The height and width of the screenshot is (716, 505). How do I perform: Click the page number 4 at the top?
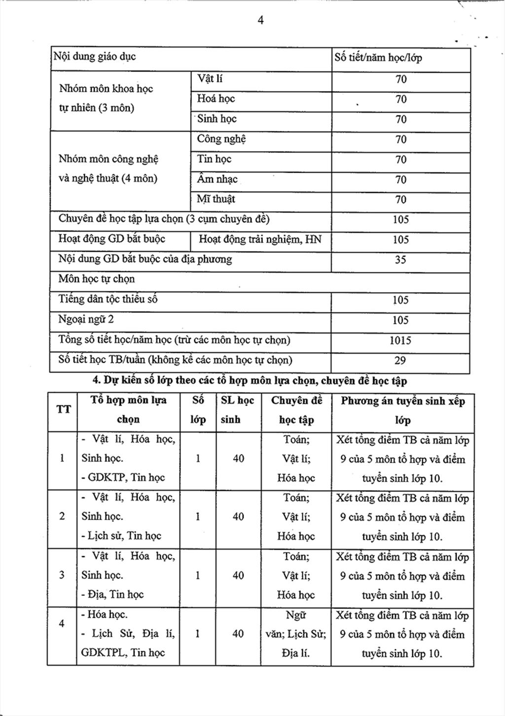pos(260,20)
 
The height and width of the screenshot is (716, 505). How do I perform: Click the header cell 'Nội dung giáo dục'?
pos(94,56)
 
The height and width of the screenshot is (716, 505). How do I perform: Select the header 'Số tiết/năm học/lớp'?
pos(378,57)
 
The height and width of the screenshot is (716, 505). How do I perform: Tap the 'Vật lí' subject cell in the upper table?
pos(210,79)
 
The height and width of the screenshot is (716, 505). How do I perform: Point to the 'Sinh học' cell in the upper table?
pos(217,119)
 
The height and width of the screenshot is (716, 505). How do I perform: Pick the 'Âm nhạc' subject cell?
pos(217,179)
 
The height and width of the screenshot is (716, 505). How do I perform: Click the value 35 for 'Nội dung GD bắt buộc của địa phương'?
pos(400,260)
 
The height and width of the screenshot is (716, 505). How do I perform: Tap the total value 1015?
pos(400,340)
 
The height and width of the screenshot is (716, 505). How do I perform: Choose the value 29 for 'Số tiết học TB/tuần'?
pos(400,361)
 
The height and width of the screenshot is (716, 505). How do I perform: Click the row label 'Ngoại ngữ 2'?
pos(86,320)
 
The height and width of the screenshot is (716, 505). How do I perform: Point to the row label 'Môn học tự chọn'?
pos(97,279)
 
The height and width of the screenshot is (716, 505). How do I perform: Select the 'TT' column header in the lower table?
pos(63,410)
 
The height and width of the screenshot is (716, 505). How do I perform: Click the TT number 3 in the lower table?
pos(62,575)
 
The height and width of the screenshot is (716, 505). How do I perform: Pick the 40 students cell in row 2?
pos(238,517)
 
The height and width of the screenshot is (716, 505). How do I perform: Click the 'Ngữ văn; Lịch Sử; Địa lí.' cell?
pos(296,634)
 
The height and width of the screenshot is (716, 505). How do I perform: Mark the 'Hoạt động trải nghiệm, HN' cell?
pos(260,240)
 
